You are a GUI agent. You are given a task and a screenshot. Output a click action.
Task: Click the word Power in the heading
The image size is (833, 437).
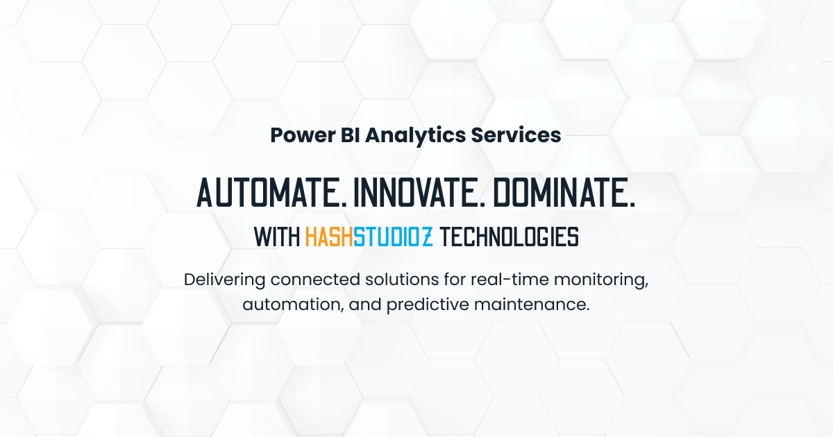click(x=303, y=135)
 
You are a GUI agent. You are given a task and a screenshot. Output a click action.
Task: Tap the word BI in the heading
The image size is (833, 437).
click(x=351, y=135)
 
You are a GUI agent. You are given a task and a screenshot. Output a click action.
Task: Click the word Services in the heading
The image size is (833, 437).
click(x=516, y=135)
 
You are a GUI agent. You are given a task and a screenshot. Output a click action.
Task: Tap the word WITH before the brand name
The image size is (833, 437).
click(x=277, y=237)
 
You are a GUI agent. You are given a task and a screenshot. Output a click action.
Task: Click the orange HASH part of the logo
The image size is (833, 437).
click(x=329, y=237)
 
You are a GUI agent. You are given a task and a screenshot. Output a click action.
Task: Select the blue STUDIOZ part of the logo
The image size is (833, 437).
click(x=393, y=237)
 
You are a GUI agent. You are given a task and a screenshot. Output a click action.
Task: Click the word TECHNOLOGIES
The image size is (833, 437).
click(x=509, y=237)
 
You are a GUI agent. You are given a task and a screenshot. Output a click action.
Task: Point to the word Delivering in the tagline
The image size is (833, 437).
click(x=225, y=280)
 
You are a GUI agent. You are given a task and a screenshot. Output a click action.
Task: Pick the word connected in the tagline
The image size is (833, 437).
click(x=315, y=280)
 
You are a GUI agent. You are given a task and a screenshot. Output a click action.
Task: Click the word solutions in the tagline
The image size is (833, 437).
click(x=402, y=280)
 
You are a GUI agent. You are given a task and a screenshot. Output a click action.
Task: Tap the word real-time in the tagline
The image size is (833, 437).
click(x=510, y=280)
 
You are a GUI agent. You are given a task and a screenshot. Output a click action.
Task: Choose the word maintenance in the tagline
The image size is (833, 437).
click(x=532, y=305)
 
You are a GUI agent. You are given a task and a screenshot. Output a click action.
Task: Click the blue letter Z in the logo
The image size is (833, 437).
click(x=428, y=237)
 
